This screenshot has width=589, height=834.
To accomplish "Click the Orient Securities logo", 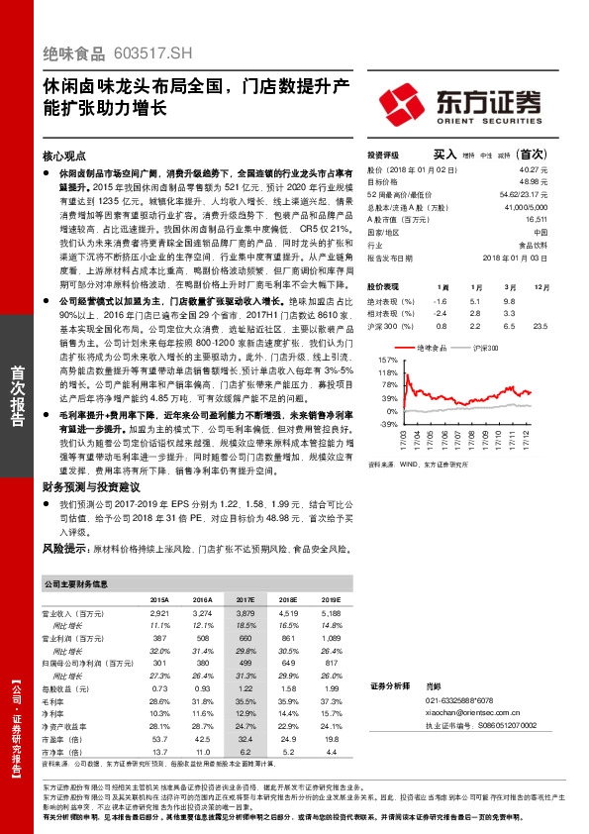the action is [x=458, y=102].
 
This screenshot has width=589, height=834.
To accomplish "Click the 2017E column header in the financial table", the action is [x=245, y=600].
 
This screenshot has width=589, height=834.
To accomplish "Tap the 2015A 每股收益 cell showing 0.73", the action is [x=158, y=687].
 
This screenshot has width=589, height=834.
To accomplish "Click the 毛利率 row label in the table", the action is [x=56, y=700].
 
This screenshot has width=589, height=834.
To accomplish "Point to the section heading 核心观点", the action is [x=66, y=156].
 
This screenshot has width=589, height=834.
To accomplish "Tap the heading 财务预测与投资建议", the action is [x=92, y=486].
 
